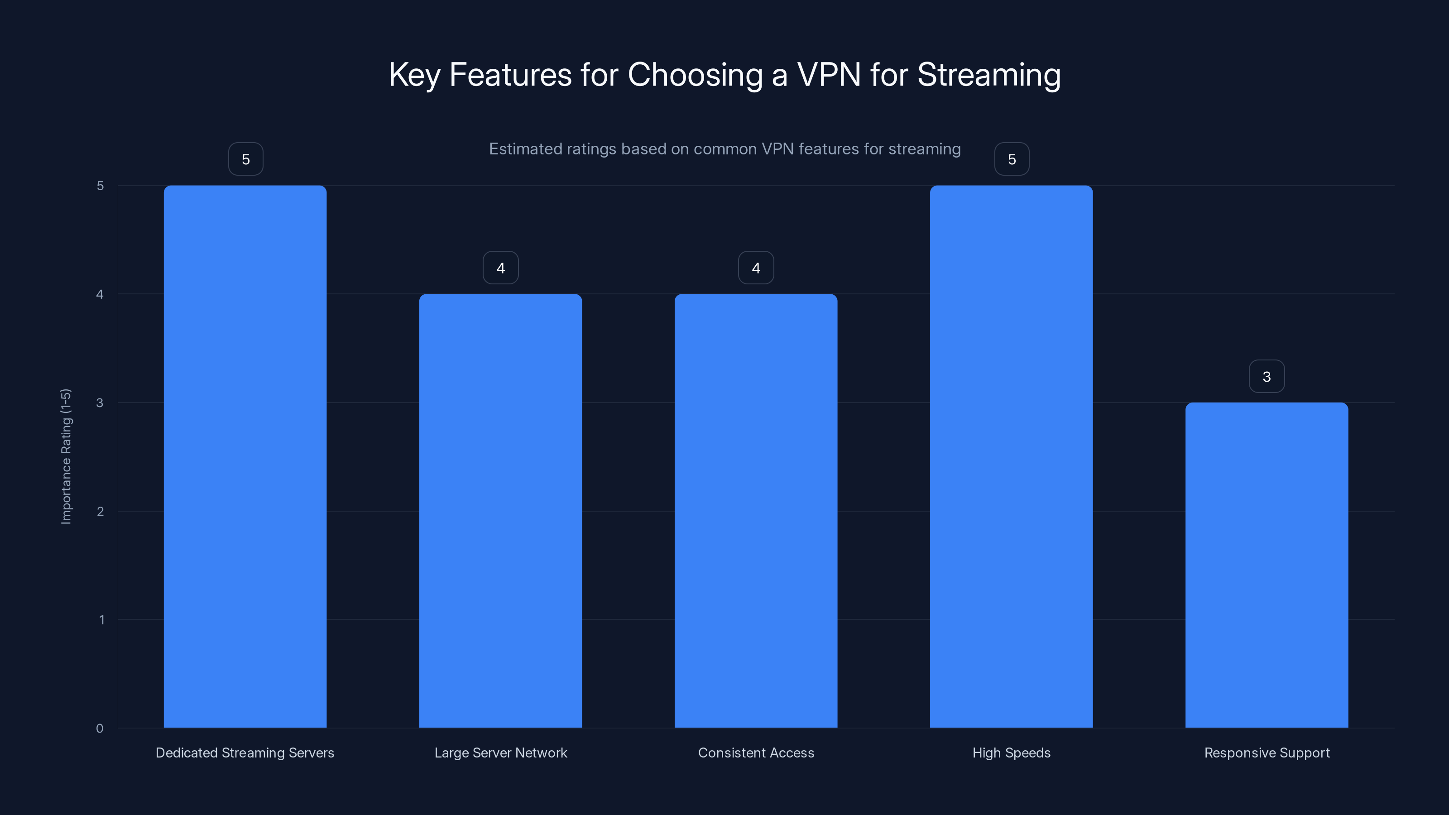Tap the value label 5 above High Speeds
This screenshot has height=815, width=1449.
click(1012, 159)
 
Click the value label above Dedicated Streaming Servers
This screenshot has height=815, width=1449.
click(245, 159)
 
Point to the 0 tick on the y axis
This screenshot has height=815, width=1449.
click(100, 729)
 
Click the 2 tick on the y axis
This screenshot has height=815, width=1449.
click(100, 511)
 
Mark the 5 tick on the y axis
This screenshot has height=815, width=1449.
click(100, 186)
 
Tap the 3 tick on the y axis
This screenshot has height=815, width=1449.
click(100, 403)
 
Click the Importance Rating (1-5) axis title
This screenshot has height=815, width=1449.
click(66, 456)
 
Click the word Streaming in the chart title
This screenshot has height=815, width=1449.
click(988, 75)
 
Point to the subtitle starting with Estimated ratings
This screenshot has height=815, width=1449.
click(724, 149)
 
